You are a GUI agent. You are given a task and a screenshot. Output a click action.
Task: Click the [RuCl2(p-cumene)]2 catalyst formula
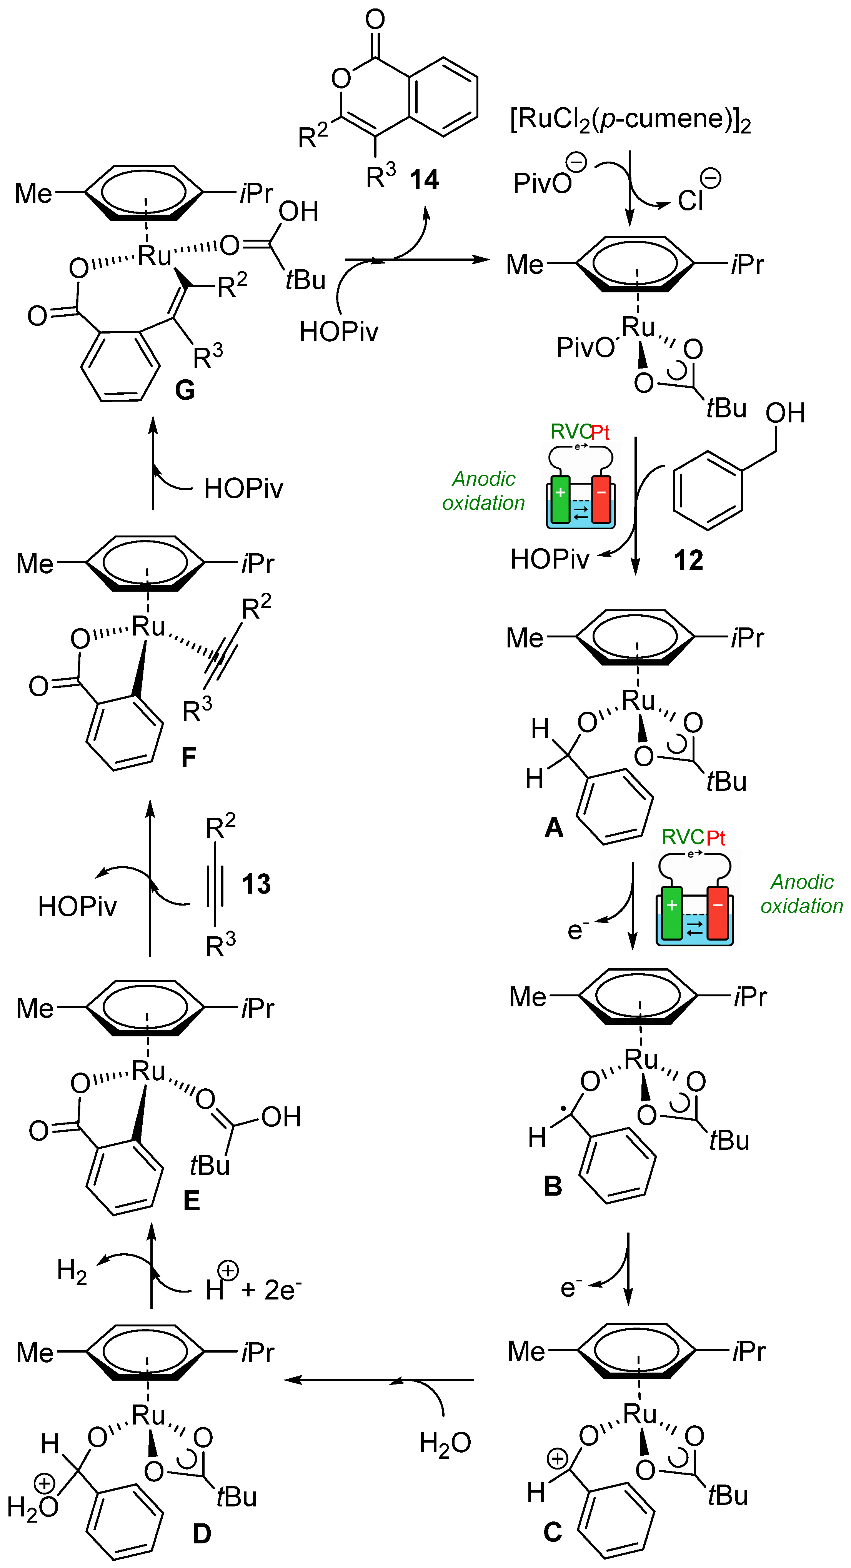point(630,119)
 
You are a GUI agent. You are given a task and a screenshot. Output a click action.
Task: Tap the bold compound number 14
point(424,180)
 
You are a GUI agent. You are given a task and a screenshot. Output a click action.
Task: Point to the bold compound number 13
point(256,884)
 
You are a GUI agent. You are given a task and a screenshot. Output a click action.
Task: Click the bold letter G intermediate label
point(185,390)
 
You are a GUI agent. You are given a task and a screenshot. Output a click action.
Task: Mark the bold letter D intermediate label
point(202,1533)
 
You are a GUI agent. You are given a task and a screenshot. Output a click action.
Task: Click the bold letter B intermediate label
point(552,1186)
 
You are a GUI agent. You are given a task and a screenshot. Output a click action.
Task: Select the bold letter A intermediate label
point(553,827)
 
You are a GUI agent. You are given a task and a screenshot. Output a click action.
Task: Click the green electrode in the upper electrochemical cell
point(560,499)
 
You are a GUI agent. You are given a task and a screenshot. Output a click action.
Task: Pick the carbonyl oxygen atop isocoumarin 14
point(375,20)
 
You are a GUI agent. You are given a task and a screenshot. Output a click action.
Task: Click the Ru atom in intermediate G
point(155,256)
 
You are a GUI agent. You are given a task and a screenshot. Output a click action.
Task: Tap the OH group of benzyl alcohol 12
point(785,413)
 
